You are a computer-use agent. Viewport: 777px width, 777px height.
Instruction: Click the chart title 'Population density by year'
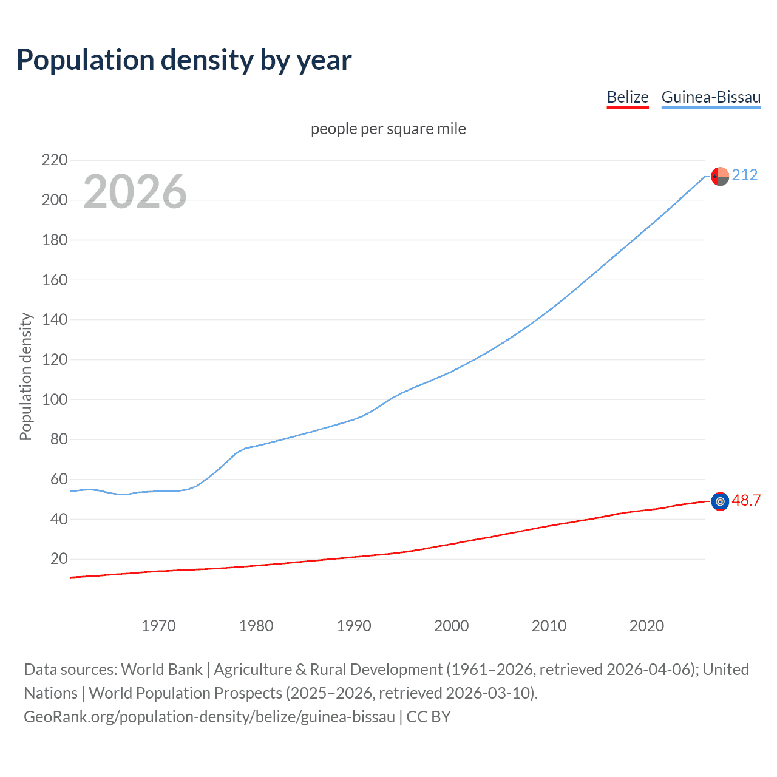coord(184,60)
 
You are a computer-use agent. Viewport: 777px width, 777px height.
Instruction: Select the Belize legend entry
coord(628,97)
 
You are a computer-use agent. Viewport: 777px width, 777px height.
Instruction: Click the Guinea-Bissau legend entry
coord(711,97)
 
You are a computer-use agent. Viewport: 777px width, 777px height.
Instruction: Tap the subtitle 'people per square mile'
coord(388,129)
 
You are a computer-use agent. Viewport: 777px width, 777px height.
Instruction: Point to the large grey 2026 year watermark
coord(135,192)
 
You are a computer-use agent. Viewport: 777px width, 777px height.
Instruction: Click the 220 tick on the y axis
coord(55,160)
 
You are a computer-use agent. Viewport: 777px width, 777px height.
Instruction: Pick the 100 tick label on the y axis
coord(55,399)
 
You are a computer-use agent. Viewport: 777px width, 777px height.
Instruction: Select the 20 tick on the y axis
coord(59,558)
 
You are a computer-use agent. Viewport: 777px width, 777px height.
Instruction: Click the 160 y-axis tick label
coord(55,280)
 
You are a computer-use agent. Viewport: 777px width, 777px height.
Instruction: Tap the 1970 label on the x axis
coord(158,626)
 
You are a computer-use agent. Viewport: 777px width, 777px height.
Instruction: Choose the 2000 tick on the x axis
coord(451,626)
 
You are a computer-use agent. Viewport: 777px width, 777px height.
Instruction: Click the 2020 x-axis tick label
coord(646,626)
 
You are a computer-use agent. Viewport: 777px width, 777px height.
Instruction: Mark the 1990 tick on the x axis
coord(354,626)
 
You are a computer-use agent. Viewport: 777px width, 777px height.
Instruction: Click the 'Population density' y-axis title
coord(25,376)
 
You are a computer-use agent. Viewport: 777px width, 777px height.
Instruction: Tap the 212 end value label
coord(744,175)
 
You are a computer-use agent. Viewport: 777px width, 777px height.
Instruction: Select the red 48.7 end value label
coord(746,500)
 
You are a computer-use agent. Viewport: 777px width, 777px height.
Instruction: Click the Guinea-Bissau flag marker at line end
coord(720,176)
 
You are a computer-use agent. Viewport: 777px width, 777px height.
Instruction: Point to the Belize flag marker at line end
coord(720,501)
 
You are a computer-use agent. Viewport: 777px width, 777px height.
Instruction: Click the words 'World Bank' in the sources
coord(161,670)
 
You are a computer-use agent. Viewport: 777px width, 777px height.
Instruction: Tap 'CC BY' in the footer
coord(429,717)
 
